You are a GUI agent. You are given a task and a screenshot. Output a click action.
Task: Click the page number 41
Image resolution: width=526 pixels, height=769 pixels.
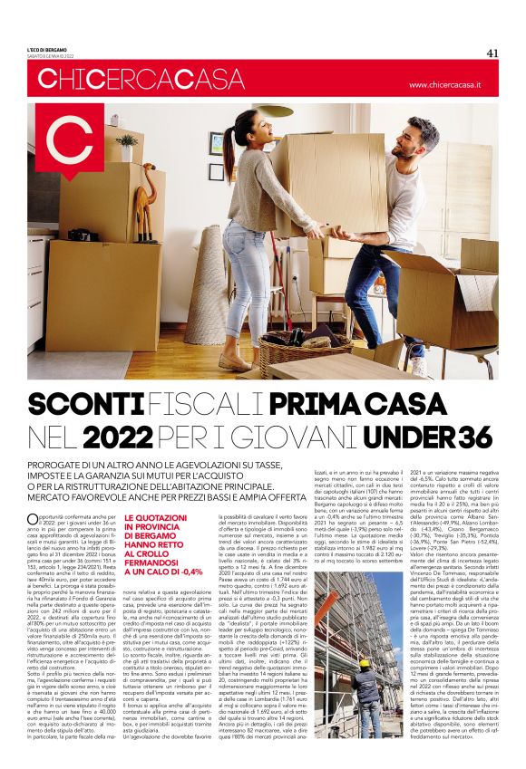(x=492, y=53)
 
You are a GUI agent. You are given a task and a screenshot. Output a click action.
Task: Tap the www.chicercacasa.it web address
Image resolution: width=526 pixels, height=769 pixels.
(x=457, y=85)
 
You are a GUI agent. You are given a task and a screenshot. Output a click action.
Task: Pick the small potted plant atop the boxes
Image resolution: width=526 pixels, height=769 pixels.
(x=127, y=146)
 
